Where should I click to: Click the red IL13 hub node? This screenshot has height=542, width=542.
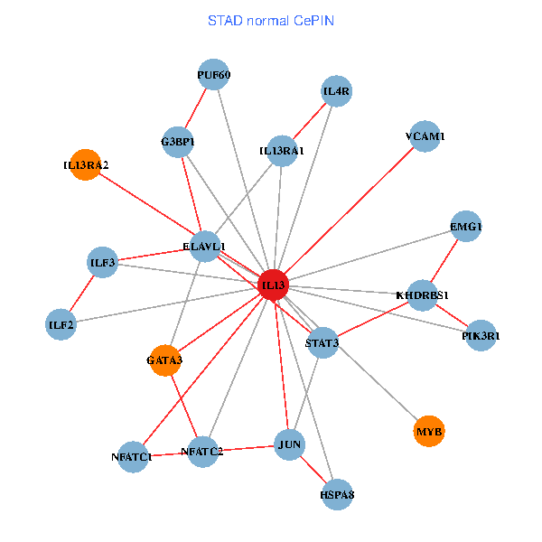point(274,285)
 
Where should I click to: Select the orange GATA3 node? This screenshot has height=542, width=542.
point(164,360)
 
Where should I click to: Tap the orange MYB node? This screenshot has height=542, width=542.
point(429,432)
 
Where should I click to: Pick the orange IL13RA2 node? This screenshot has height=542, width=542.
point(85,165)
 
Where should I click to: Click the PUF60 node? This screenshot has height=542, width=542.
point(214,76)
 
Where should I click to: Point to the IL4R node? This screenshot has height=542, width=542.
point(336,91)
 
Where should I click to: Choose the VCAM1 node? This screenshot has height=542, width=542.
point(425,136)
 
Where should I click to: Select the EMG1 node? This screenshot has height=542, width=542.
point(466,227)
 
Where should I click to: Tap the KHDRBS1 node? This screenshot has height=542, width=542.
point(423,295)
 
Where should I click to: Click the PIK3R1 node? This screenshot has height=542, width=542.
point(481,336)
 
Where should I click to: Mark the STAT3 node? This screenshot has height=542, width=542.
point(322,343)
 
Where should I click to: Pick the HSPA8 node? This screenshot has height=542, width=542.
point(336,494)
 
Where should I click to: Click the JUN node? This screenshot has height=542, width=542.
point(290,444)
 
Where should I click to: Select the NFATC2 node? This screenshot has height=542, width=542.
point(202,451)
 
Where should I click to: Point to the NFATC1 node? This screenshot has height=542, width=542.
point(133,456)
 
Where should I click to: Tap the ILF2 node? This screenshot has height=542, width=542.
point(61,324)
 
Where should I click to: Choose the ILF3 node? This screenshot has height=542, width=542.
point(103,263)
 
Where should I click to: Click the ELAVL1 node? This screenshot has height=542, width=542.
point(204,246)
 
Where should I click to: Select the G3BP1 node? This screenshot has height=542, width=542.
point(178,142)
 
